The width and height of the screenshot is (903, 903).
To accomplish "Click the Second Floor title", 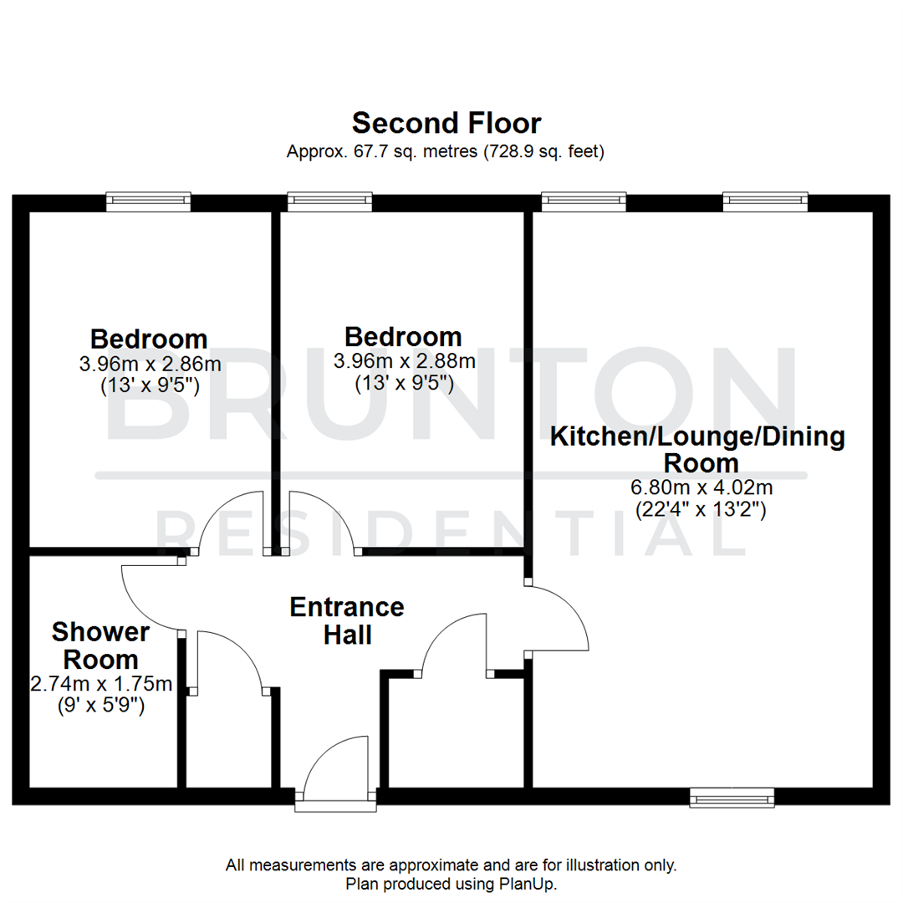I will (446, 124).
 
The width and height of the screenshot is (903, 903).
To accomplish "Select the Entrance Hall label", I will (347, 620).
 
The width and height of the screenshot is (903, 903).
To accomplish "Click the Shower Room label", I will (100, 645).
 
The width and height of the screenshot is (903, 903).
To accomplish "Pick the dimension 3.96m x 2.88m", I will (404, 361).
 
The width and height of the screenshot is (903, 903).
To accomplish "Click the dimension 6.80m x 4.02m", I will (697, 487).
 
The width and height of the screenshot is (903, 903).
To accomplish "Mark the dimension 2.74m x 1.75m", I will (101, 684).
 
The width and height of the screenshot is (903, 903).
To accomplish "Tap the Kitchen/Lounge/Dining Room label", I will (697, 449).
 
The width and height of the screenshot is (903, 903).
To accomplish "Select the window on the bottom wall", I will (732, 798).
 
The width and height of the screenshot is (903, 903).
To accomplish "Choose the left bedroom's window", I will (149, 202).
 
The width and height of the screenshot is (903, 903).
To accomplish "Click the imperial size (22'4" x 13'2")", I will (701, 508).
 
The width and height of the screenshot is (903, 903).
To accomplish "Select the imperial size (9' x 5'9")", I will (101, 705).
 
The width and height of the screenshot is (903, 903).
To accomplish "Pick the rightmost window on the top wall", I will (765, 202).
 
